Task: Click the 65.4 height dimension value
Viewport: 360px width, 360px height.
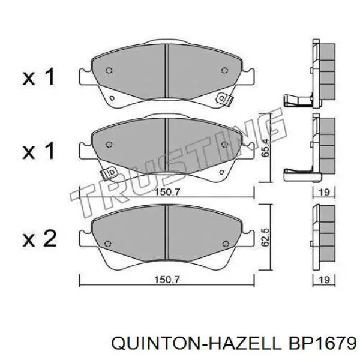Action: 266,148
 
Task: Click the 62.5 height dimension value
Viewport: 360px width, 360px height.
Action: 266,237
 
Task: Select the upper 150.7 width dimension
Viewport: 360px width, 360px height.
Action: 167,192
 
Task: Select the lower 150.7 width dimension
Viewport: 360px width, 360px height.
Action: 167,280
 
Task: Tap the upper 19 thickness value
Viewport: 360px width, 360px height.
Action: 324,192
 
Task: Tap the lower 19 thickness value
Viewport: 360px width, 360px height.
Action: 324,280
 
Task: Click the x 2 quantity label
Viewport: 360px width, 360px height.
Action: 39,239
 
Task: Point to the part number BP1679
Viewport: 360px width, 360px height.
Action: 323,343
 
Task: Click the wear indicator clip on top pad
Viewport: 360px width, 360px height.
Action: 225,99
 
